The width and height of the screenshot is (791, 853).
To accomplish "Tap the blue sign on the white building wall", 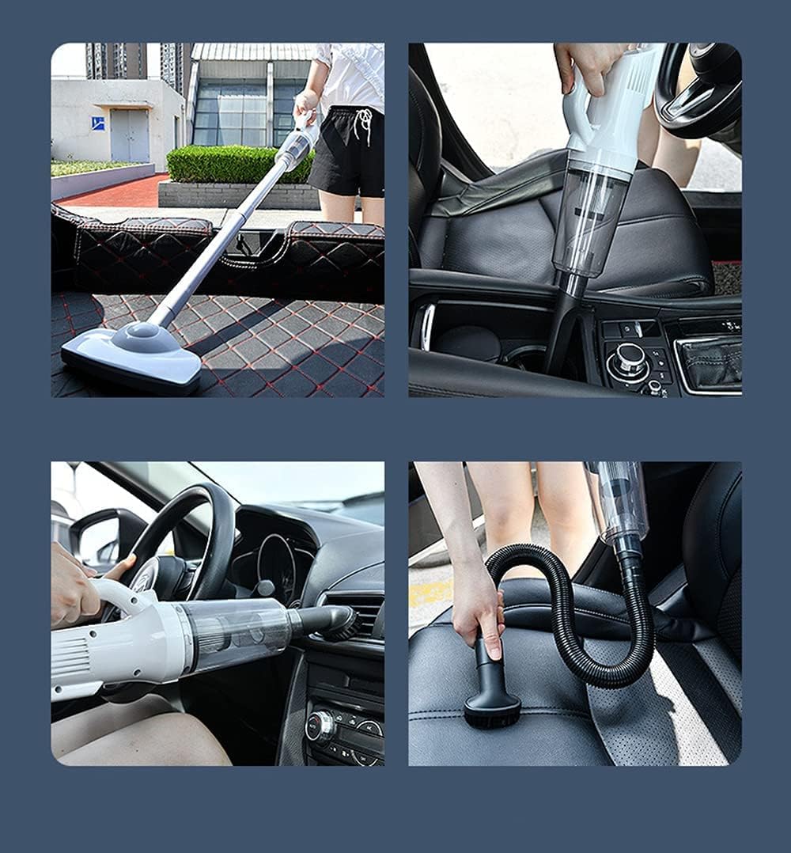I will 97,123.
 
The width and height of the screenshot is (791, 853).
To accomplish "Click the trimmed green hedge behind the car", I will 229,163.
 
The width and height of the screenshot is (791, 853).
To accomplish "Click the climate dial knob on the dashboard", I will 320,725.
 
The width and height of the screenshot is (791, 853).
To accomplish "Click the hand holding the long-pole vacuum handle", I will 307,104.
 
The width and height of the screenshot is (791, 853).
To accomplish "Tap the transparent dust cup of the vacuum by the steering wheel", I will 237,633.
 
